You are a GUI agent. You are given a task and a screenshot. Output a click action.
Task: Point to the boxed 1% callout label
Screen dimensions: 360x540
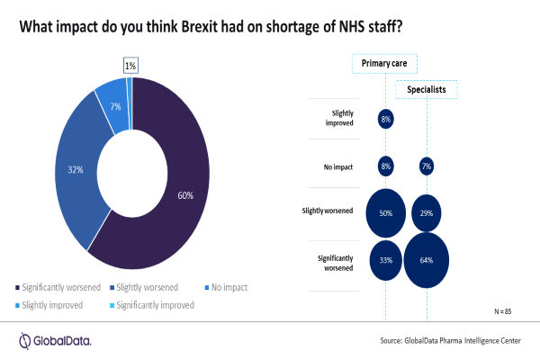coord(130,65)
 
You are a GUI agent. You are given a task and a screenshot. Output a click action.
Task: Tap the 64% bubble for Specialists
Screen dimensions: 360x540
coord(427,260)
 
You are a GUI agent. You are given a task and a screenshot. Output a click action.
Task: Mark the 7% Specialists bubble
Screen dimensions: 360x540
coord(427,166)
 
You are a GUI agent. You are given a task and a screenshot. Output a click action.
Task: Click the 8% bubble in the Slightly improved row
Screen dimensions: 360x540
coord(384,118)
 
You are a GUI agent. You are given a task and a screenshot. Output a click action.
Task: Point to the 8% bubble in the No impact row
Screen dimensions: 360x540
coord(384,166)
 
